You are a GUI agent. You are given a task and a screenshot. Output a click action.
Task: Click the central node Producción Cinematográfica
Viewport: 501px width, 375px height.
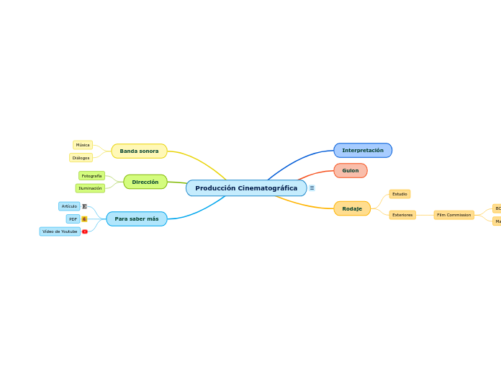coord(245,188)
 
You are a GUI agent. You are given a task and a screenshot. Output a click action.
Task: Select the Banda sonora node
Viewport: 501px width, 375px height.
coord(139,151)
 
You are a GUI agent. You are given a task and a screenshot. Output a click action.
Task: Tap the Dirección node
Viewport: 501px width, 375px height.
coord(145,182)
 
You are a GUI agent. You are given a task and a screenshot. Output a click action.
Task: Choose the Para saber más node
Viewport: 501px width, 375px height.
coord(136,219)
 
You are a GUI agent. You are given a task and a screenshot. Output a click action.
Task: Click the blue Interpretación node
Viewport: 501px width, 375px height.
coord(363,150)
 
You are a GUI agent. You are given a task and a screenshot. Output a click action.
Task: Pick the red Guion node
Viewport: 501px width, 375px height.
coord(350,170)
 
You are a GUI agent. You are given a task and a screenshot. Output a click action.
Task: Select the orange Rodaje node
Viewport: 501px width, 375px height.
coord(352,208)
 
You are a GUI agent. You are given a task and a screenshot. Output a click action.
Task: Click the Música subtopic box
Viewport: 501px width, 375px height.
coord(83,145)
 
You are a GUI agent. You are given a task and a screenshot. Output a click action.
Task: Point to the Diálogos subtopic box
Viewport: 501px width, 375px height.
coord(81,157)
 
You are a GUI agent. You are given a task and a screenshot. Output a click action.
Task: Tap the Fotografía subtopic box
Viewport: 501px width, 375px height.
coord(91,176)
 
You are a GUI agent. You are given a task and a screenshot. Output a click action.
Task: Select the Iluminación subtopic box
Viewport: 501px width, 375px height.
coord(90,188)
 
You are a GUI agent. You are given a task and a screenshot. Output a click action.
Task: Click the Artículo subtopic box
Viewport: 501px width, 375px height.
coord(69,206)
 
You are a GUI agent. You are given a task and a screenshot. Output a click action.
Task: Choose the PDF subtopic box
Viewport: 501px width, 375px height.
coord(73,219)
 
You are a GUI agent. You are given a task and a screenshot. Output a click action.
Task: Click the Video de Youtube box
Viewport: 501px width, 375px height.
coord(60,231)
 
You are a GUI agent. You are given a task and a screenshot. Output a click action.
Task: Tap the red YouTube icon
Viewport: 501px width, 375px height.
coord(85,231)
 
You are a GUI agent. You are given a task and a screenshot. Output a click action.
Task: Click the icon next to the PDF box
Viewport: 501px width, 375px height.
coord(84,219)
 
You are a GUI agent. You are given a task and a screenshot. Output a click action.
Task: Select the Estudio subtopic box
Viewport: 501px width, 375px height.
coord(400,194)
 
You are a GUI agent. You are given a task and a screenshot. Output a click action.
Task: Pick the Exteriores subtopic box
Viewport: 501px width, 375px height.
coord(402,215)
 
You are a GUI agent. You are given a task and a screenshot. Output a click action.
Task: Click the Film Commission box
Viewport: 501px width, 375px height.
coord(453,215)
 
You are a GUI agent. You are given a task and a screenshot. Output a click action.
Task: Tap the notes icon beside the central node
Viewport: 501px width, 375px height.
coord(312,188)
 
